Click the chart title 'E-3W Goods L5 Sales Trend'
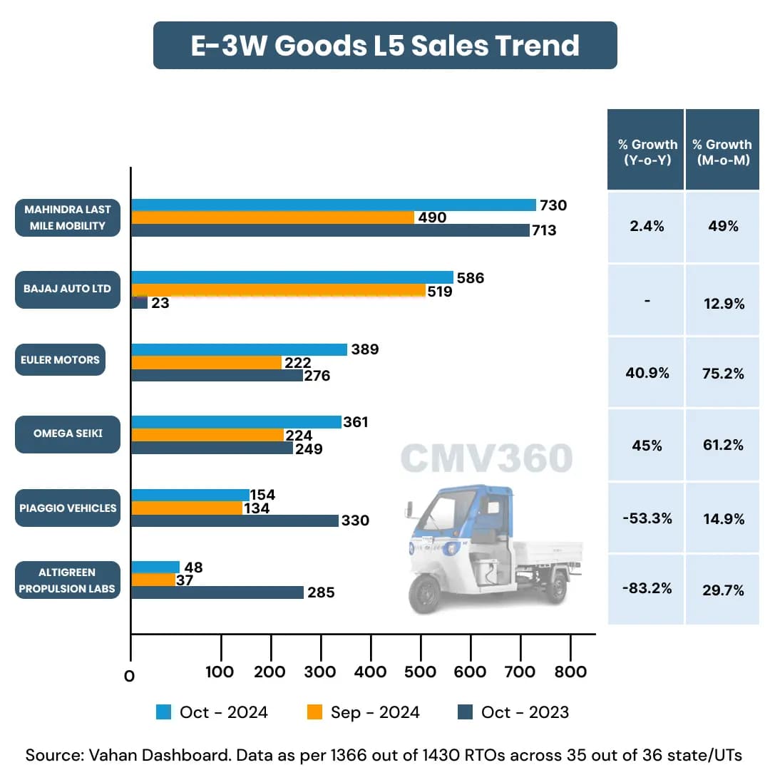click(385, 46)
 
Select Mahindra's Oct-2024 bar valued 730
click(333, 205)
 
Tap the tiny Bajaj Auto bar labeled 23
click(139, 303)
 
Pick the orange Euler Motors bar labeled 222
click(207, 362)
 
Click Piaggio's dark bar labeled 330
click(235, 520)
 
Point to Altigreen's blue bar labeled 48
click(155, 568)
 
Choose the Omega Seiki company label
click(67, 433)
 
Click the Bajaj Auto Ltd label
click(67, 289)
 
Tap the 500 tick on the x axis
click(421, 672)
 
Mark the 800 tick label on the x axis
click(570, 672)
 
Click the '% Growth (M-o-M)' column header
click(722, 152)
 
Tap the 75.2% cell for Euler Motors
click(722, 374)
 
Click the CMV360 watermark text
click(486, 458)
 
